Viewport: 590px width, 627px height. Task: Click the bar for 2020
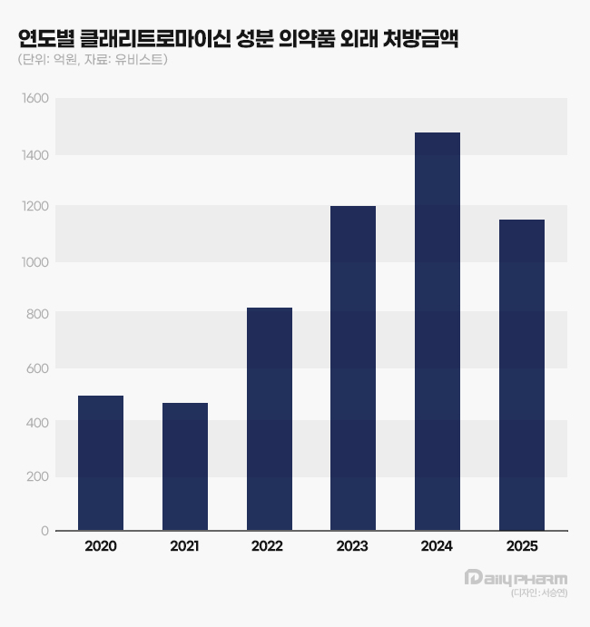pos(101,463)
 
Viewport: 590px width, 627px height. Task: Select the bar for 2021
pos(185,466)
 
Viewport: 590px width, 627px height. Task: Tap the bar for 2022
pos(270,419)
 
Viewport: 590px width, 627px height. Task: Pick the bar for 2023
pos(353,368)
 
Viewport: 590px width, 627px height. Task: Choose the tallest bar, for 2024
pos(438,331)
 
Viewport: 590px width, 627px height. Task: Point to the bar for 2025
pos(522,375)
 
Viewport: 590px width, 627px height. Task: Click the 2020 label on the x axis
pos(101,546)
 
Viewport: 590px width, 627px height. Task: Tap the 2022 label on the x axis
pos(270,546)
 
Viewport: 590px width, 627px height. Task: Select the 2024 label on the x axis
pos(438,546)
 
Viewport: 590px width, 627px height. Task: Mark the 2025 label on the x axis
pos(522,546)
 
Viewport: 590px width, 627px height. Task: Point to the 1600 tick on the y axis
pos(34,99)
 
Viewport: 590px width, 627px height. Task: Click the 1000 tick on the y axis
pos(34,261)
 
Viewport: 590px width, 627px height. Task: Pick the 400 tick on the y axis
pos(37,422)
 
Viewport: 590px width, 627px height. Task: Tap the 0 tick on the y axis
pos(44,530)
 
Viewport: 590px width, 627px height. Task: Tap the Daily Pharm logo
pos(515,578)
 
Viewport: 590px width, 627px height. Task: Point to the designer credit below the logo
pos(539,593)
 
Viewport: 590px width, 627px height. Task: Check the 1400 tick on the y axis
pos(34,154)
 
